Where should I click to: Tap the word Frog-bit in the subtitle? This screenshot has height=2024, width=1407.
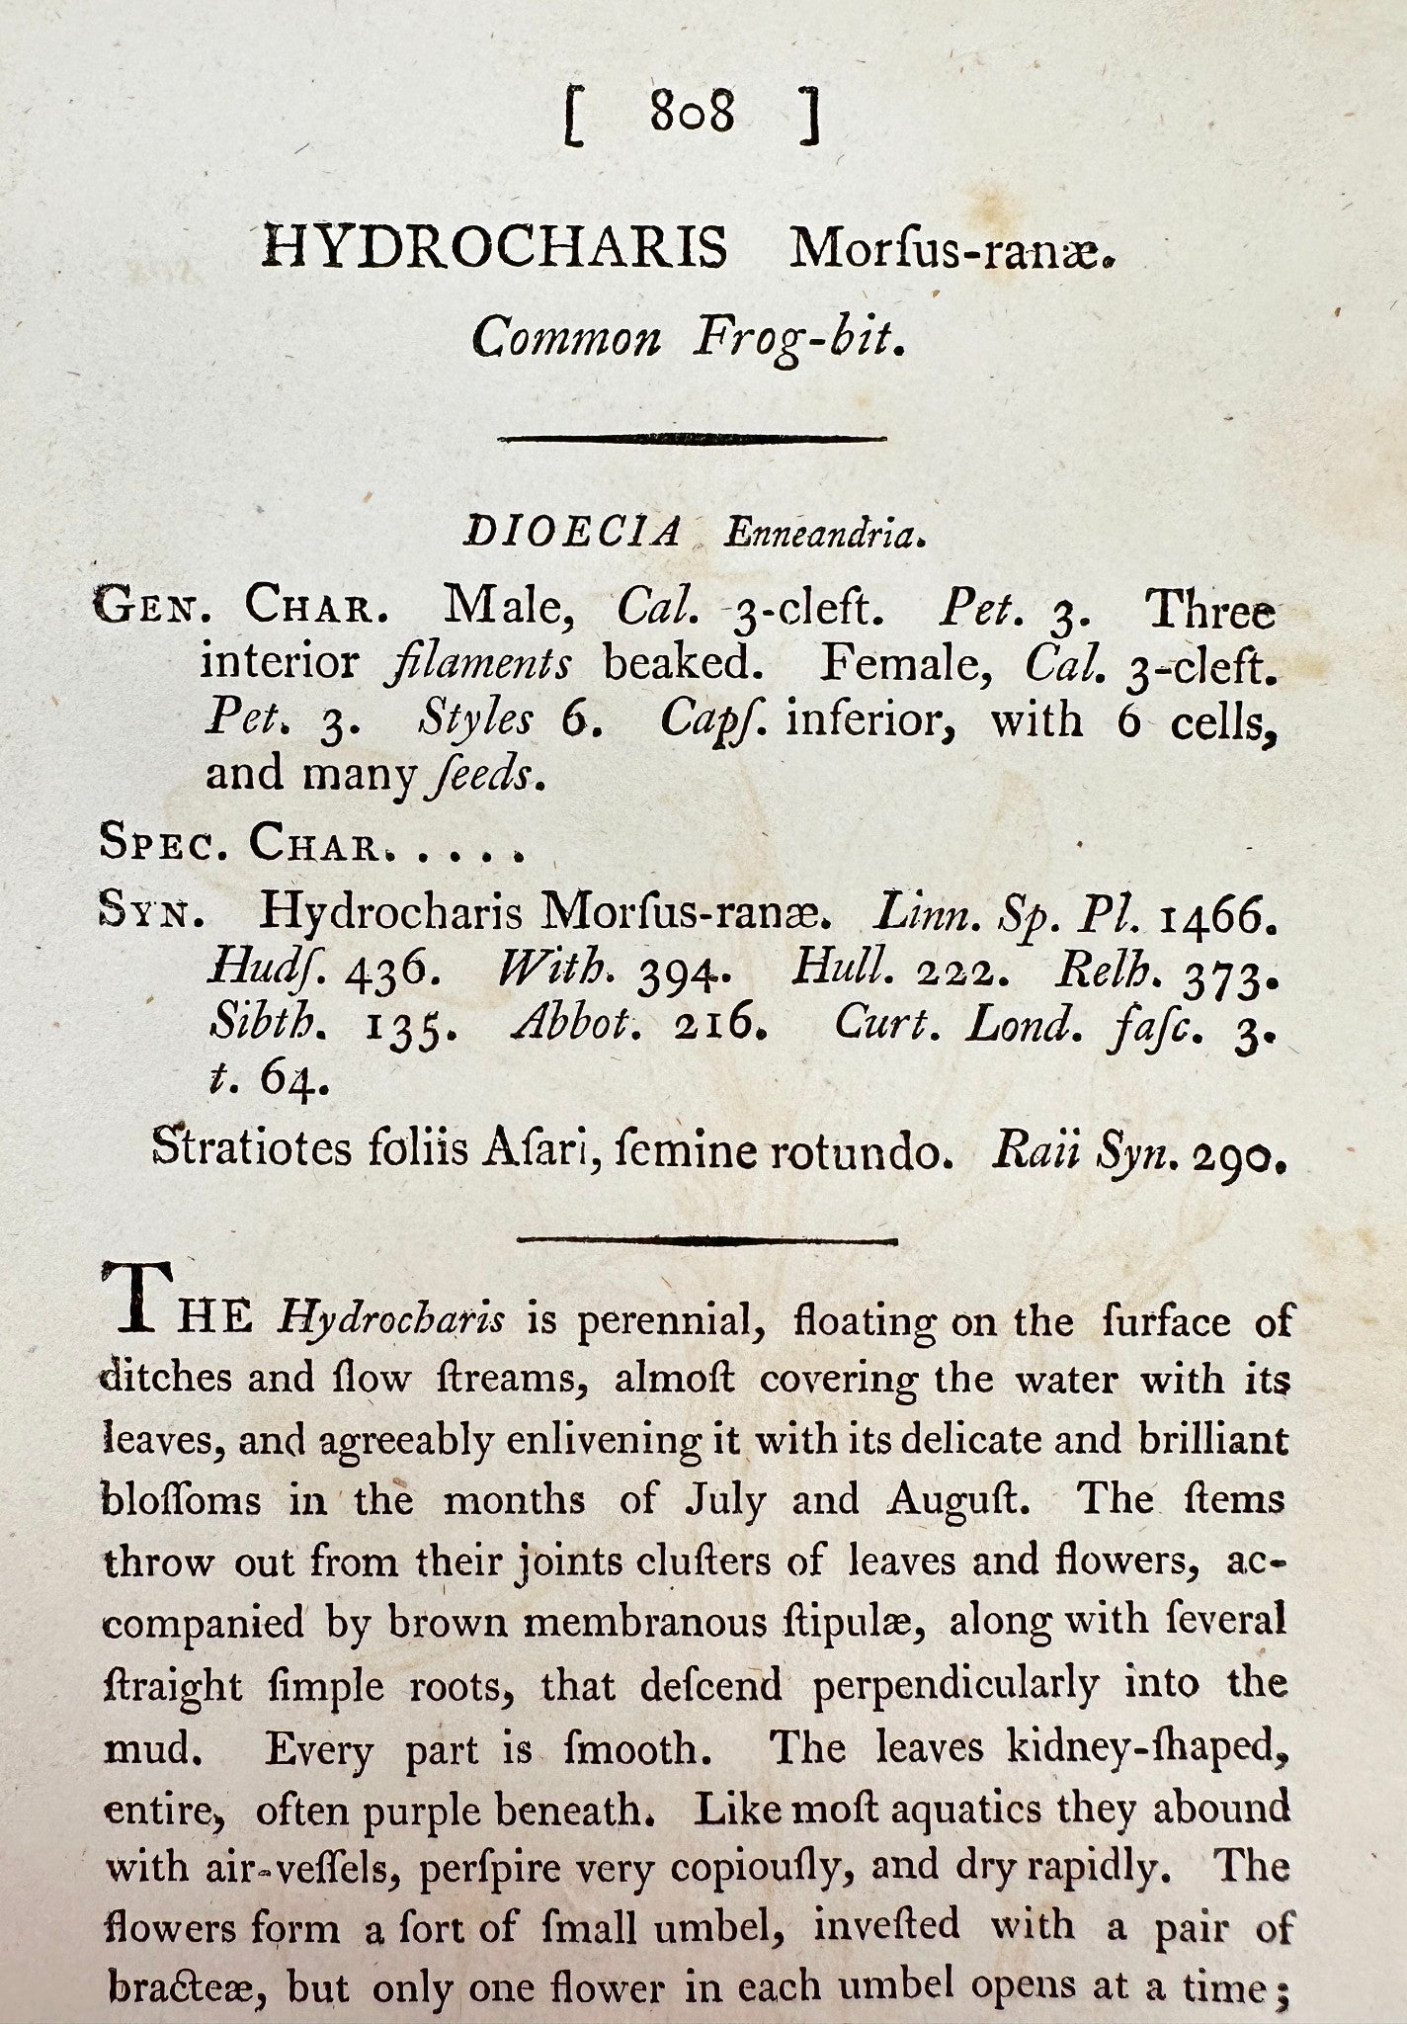coord(797,340)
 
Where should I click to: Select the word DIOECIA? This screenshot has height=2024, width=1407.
coord(573,534)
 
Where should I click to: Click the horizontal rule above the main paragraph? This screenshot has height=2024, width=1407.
coord(707,1239)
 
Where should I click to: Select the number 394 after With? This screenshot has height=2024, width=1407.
coord(684,973)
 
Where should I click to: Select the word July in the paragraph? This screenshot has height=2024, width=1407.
coord(728,1501)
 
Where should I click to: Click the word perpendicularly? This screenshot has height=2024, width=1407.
coord(955,1684)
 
